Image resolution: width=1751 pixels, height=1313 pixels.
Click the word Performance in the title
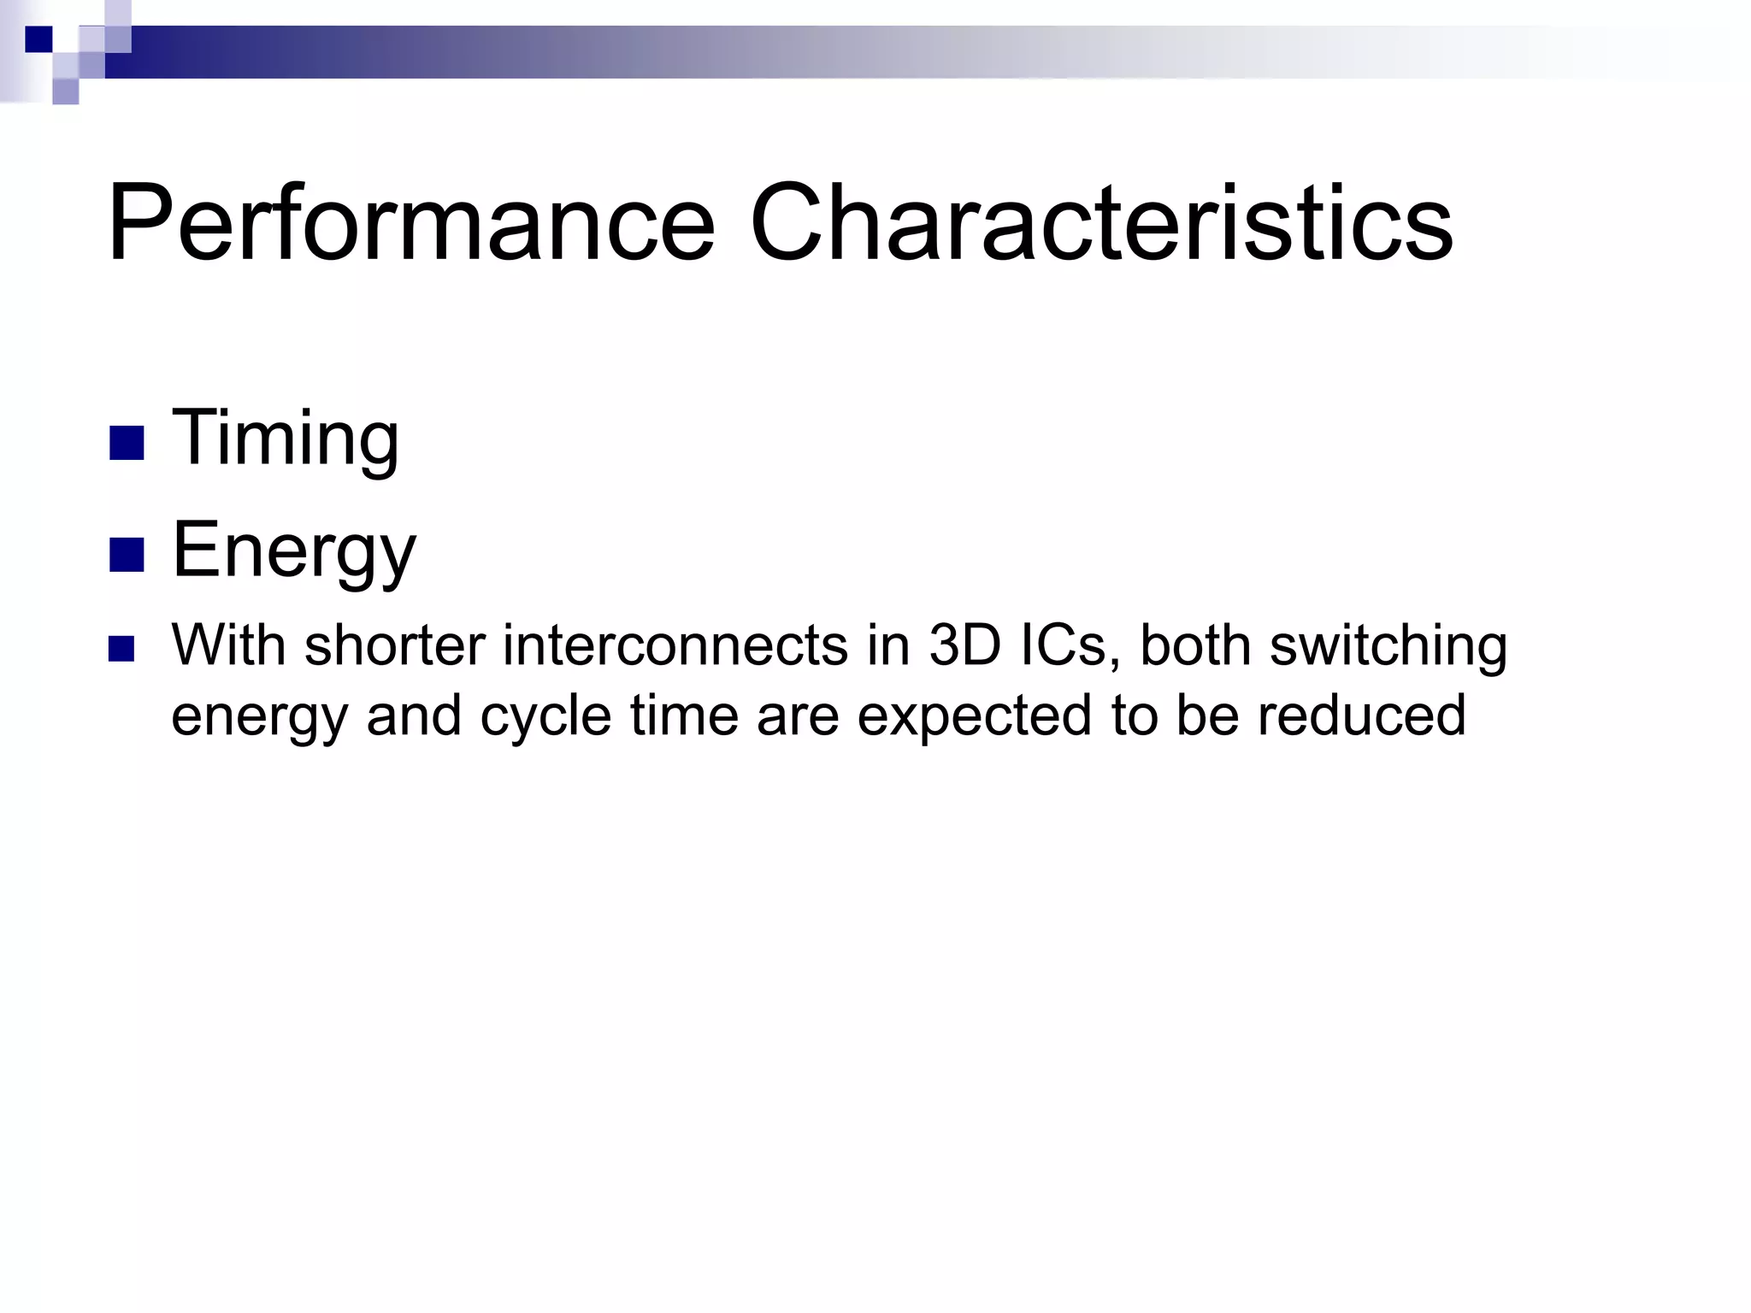[x=410, y=224]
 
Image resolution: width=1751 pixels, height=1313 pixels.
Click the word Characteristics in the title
[x=1100, y=224]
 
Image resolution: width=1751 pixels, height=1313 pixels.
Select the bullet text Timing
[x=285, y=438]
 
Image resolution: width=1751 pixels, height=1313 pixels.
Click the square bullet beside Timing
[x=127, y=443]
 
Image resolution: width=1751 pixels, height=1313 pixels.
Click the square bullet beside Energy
[x=127, y=555]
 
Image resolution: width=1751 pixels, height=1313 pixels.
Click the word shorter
[x=394, y=645]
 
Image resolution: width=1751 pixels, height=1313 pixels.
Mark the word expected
[x=974, y=716]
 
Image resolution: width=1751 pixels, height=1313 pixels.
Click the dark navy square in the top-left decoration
[x=38, y=39]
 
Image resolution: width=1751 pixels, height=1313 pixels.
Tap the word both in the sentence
[x=1194, y=645]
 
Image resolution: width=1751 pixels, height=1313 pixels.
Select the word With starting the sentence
[x=228, y=645]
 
